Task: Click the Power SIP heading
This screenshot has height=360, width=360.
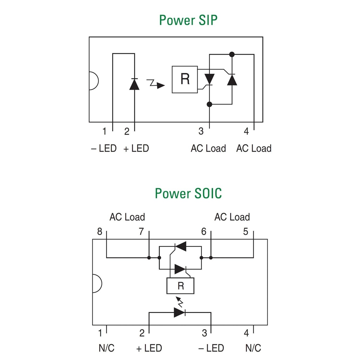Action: (x=188, y=20)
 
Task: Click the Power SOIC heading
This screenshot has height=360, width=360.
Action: (x=188, y=193)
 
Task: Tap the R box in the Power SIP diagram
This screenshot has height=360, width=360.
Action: (x=184, y=79)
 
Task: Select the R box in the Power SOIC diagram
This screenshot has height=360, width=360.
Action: (x=180, y=286)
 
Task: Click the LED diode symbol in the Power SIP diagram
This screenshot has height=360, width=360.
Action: (x=134, y=84)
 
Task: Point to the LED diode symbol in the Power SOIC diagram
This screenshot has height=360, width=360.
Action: (x=179, y=312)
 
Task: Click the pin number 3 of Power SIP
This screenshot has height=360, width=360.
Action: (x=201, y=131)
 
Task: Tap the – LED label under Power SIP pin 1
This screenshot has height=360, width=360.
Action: (x=104, y=148)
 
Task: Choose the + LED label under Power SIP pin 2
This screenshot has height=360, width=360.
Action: (x=136, y=148)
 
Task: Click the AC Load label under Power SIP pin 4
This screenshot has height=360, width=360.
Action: (x=254, y=148)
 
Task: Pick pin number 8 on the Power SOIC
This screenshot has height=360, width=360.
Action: (x=100, y=231)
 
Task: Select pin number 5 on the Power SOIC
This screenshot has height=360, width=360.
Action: (x=246, y=231)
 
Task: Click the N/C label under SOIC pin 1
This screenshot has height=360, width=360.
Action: (x=106, y=348)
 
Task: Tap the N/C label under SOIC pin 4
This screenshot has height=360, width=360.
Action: (x=253, y=348)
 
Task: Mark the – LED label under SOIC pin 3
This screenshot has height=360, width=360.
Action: (x=211, y=348)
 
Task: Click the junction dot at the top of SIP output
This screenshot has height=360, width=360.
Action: (x=232, y=54)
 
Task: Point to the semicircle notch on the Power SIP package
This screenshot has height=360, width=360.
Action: (x=98, y=81)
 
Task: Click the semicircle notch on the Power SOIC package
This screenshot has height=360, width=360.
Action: (x=102, y=283)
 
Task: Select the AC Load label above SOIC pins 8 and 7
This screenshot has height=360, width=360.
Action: (x=127, y=217)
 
